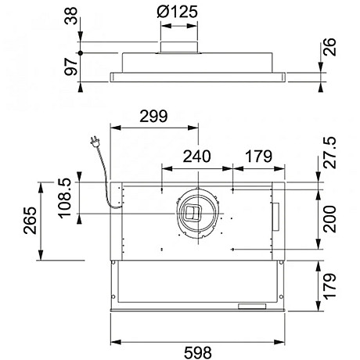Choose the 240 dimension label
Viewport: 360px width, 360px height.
197,156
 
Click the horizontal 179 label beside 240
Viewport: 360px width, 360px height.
260,156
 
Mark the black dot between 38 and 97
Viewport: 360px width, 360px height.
81,52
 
